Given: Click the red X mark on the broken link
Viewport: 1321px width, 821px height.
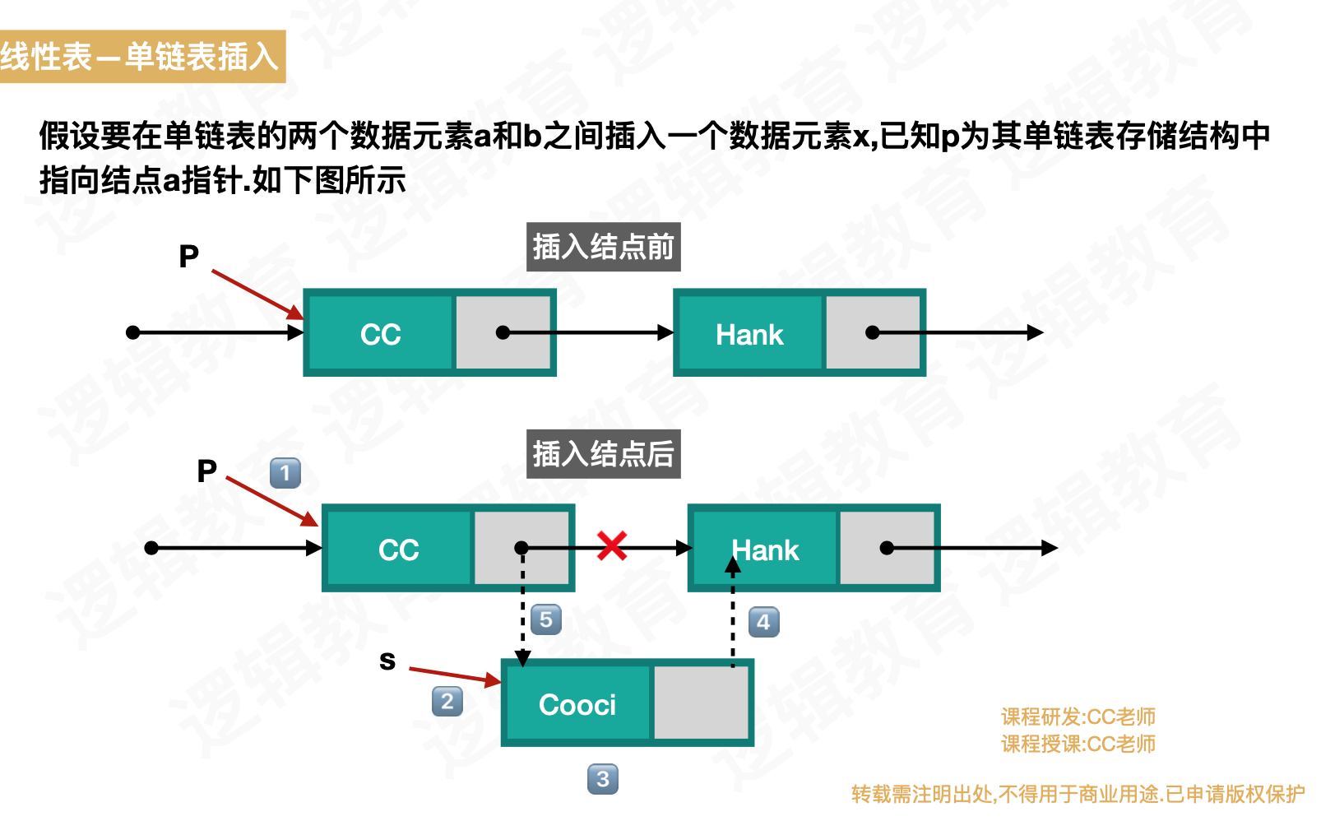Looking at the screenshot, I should pos(612,545).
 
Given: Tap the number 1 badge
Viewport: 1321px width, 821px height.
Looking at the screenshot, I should pos(285,473).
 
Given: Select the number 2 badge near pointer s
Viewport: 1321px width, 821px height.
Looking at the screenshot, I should pos(447,702).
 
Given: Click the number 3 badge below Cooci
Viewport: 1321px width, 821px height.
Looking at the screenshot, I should pos(603,779).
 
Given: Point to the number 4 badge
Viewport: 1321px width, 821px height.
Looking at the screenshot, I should pos(763,622).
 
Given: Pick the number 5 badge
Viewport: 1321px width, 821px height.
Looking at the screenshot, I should pos(546,619).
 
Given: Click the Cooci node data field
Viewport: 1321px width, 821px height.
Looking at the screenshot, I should pos(577,704).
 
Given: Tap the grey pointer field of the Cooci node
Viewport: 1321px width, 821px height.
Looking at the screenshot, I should pos(701,703).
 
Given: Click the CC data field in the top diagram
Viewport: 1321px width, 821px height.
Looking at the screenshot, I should pos(380,333).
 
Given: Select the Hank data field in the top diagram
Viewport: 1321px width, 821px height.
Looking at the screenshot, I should pos(749,333).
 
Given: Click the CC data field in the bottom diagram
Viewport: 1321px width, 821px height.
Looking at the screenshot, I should pos(399,549).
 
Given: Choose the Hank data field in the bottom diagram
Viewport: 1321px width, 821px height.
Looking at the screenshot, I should pos(765,549).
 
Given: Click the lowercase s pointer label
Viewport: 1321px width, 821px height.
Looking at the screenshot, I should pos(387,660).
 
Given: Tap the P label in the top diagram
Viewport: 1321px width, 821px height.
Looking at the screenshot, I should pos(189,257).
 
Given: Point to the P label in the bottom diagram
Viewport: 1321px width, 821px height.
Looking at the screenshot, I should pos(206,471).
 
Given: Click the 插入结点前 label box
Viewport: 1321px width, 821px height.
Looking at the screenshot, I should pos(603,247).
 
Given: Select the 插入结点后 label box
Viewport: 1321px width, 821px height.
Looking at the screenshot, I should pos(603,454).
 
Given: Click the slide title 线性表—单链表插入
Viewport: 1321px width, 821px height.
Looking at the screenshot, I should pos(141,57).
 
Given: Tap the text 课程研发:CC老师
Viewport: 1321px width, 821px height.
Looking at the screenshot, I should pos(1078,717).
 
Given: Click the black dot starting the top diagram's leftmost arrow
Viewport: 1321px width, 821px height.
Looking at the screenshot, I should pos(132,332).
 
